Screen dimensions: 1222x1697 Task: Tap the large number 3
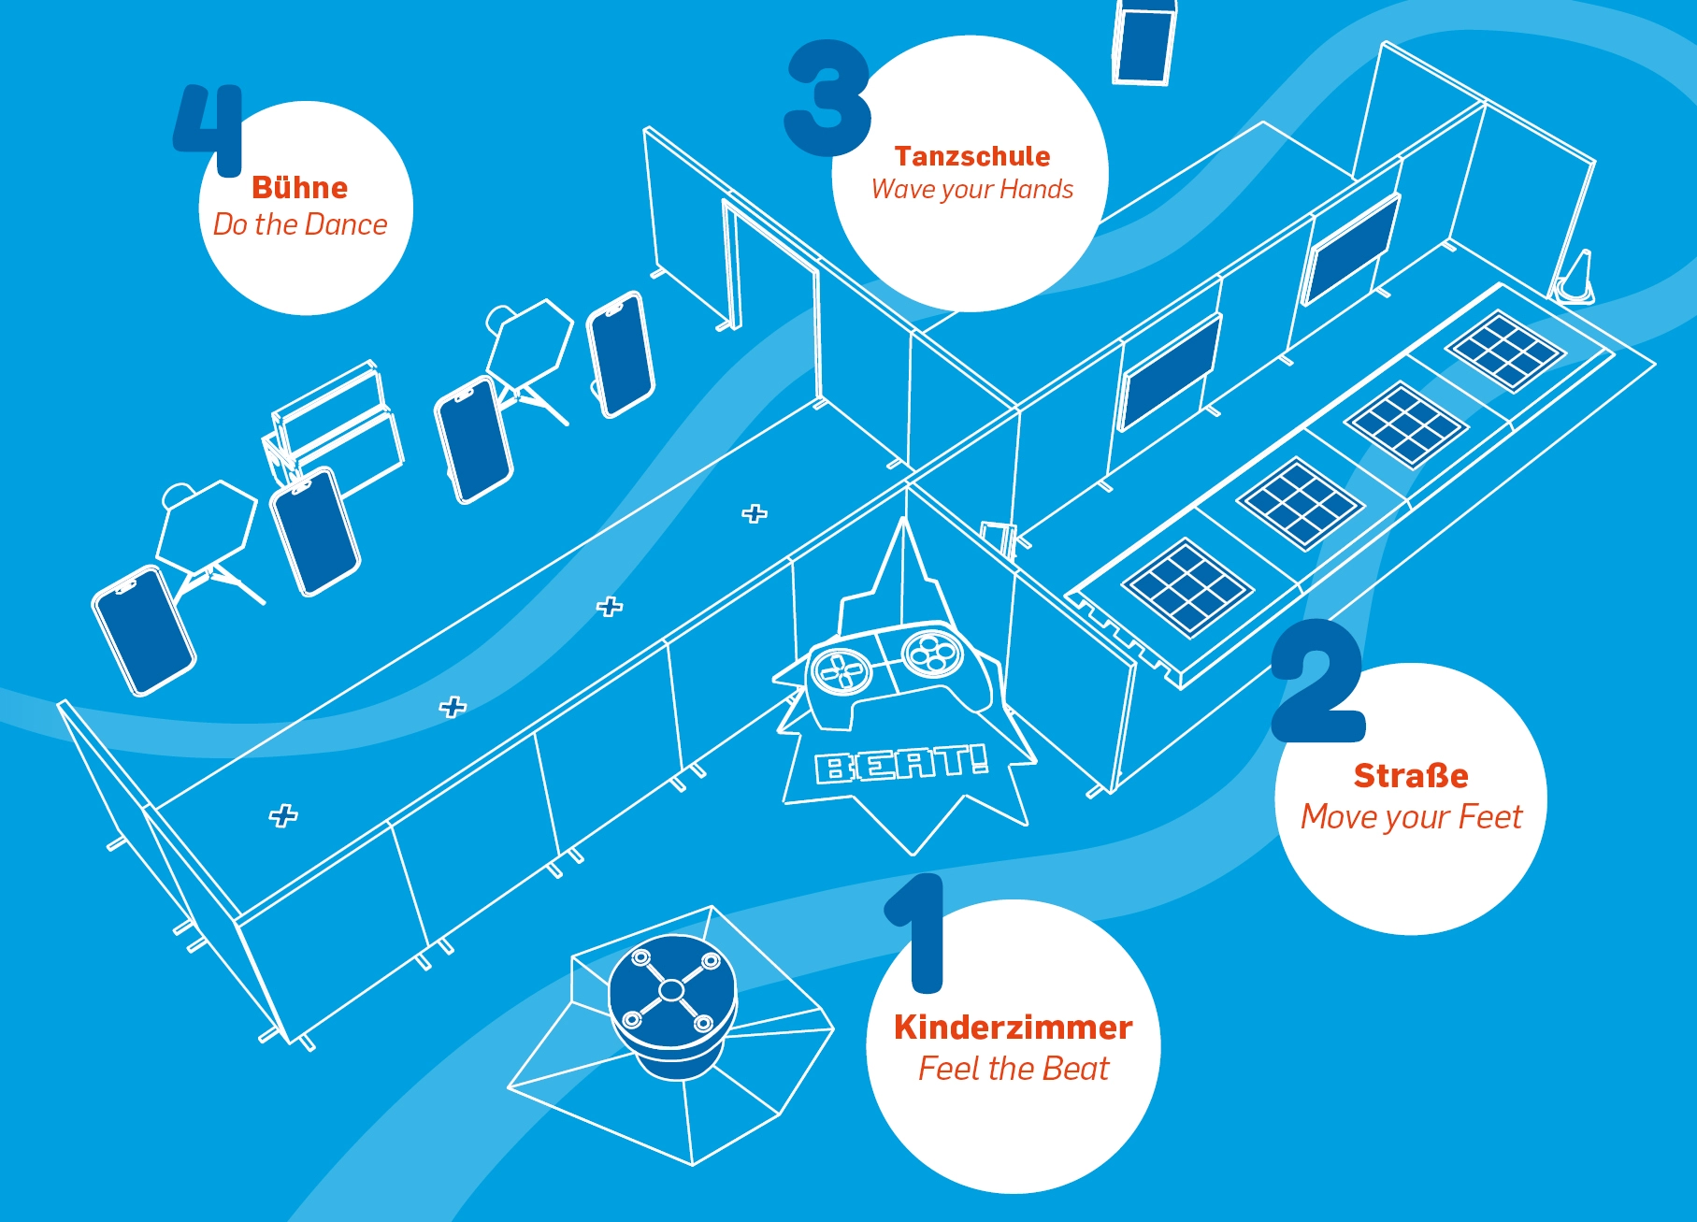click(x=828, y=98)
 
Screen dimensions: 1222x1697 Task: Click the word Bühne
click(x=299, y=188)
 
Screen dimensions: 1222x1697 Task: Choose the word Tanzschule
click(x=971, y=156)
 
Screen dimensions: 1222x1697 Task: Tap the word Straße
click(x=1411, y=776)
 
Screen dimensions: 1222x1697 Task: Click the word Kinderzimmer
click(x=1013, y=1028)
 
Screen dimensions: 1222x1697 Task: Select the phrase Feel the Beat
click(x=1013, y=1069)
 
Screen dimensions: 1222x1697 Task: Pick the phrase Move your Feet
click(x=1411, y=817)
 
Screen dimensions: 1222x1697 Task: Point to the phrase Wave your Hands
click(x=971, y=190)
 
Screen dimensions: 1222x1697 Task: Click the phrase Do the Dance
click(x=299, y=224)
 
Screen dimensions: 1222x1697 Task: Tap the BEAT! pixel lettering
click(x=901, y=765)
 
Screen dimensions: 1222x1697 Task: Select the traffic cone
click(x=1575, y=278)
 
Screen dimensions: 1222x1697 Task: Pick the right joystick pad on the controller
click(x=931, y=652)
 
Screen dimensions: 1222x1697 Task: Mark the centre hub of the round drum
click(x=671, y=989)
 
